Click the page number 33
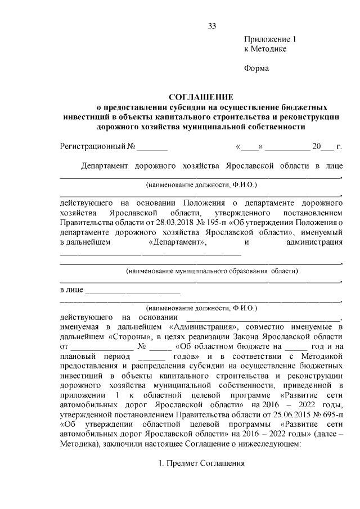click(211, 26)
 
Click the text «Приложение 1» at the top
click(269, 40)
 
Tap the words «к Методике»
click(265, 49)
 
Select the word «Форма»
click(256, 69)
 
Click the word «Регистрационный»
click(93, 147)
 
